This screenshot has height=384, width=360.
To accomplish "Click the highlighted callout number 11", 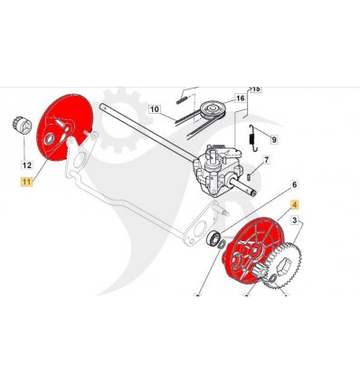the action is (26, 182).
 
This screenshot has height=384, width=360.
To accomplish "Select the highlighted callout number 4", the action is (295, 205).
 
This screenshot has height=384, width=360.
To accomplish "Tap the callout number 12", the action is (27, 165).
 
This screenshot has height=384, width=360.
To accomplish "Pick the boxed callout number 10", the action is (155, 108).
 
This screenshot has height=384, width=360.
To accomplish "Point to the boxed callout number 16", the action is (240, 98).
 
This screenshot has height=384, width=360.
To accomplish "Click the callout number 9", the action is (274, 140).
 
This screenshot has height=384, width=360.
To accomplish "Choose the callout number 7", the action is (266, 160).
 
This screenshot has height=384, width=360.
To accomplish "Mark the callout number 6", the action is (294, 184).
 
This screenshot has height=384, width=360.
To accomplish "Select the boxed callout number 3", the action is (295, 220).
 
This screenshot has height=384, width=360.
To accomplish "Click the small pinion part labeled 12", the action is (23, 126).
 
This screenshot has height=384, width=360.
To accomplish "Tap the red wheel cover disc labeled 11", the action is (64, 127).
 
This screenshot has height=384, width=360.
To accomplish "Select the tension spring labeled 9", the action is (252, 138).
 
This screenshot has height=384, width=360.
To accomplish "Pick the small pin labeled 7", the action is (249, 177).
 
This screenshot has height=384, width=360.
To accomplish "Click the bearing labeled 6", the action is (213, 237).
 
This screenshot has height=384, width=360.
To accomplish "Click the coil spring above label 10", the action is (182, 100).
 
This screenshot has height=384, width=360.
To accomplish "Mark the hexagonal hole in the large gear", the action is (285, 267).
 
